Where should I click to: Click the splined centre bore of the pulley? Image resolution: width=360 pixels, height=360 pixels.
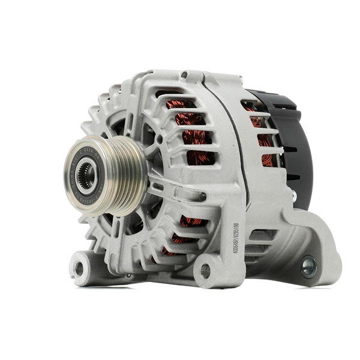click(x=86, y=175)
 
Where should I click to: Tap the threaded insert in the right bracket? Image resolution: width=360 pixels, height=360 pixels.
click(x=309, y=266)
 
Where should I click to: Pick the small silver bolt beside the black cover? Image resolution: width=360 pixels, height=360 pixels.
click(x=293, y=195)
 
